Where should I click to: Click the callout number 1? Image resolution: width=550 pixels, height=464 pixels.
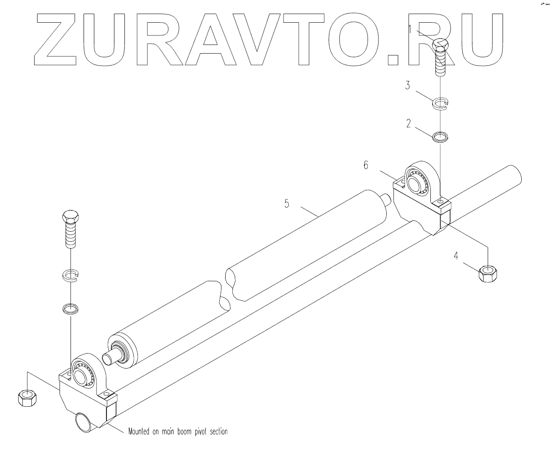[x=410, y=30]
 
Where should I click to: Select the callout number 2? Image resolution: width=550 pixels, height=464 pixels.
[x=409, y=123]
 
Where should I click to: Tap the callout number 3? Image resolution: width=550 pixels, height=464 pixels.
[x=408, y=85]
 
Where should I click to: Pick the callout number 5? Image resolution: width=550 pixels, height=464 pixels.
[x=287, y=203]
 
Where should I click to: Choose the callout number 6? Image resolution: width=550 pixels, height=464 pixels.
[x=365, y=165]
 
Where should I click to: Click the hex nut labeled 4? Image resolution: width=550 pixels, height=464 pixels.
[x=488, y=273]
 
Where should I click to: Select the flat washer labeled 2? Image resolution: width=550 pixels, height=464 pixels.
[x=439, y=137]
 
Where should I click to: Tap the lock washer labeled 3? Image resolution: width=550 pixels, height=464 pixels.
[x=440, y=104]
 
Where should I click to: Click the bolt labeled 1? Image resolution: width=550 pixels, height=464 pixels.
[x=440, y=57]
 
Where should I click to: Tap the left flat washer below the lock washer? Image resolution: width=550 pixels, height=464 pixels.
[x=70, y=309]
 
